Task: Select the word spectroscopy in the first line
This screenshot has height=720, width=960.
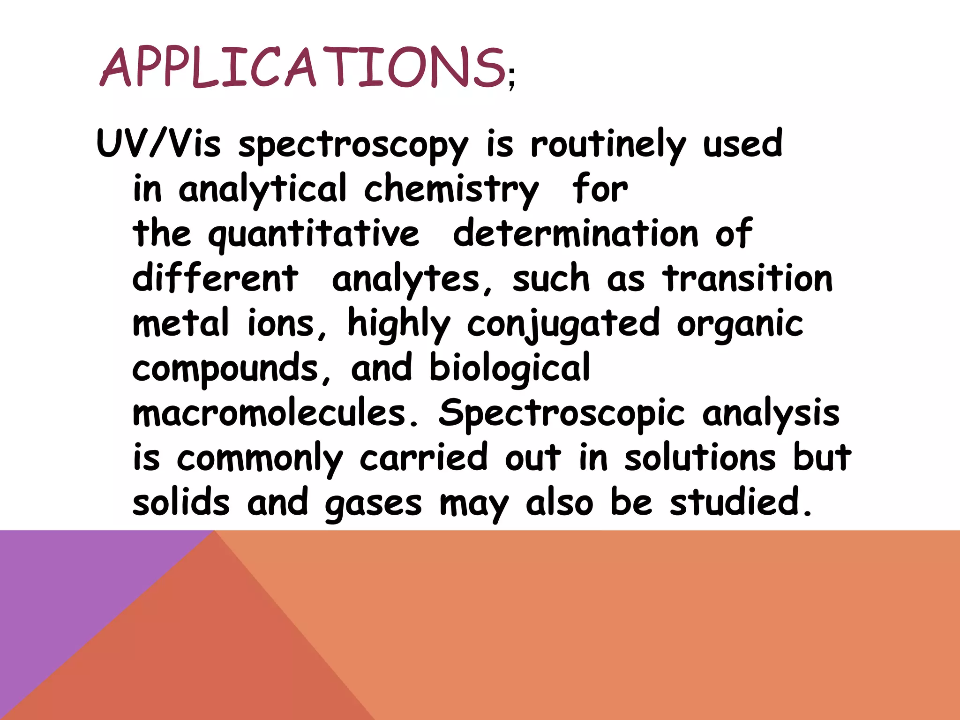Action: coord(353,145)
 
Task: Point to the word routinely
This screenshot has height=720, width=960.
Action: coord(608,145)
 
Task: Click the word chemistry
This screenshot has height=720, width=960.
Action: coord(451,189)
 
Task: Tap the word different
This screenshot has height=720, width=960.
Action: coord(215,278)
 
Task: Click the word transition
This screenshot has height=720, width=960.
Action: coord(748,278)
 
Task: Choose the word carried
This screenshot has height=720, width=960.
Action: coord(423,457)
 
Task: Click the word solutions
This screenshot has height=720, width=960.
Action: coord(700,457)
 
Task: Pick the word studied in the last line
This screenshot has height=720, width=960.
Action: coord(740,502)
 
